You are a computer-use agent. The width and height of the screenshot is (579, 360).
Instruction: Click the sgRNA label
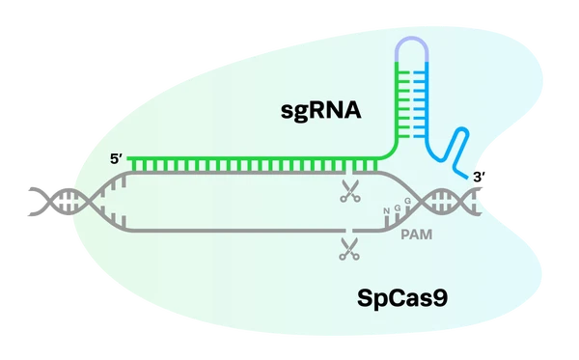pyautogui.click(x=321, y=111)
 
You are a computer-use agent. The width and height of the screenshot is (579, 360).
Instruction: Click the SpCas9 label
pyautogui.click(x=402, y=297)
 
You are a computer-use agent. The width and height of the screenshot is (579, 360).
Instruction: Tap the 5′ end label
pyautogui.click(x=117, y=159)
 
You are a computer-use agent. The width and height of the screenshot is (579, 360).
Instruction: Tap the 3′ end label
pyautogui.click(x=479, y=178)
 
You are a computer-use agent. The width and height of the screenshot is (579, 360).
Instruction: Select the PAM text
pyautogui.click(x=417, y=235)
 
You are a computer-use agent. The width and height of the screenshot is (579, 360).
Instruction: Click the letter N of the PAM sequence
pyautogui.click(x=386, y=210)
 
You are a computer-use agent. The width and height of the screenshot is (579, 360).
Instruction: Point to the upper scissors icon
pyautogui.click(x=350, y=191)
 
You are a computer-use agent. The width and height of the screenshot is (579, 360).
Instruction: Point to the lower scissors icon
pyautogui.click(x=349, y=249)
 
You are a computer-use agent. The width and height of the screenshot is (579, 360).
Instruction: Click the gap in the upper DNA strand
pyautogui.click(x=349, y=173)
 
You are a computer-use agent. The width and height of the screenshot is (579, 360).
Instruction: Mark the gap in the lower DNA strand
pyautogui.click(x=349, y=231)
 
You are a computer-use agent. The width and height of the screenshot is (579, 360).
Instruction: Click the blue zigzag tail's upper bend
pyautogui.click(x=461, y=130)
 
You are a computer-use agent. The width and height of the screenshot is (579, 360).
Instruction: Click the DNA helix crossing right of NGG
pyautogui.click(x=421, y=202)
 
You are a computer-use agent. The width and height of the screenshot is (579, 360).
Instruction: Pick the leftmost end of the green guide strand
pyautogui.click(x=129, y=159)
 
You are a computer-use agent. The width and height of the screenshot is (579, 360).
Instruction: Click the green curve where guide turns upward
pyautogui.click(x=391, y=152)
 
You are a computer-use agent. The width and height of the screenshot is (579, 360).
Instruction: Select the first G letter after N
pyautogui.click(x=398, y=208)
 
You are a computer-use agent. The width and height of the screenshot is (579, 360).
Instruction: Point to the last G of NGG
pyautogui.click(x=407, y=201)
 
